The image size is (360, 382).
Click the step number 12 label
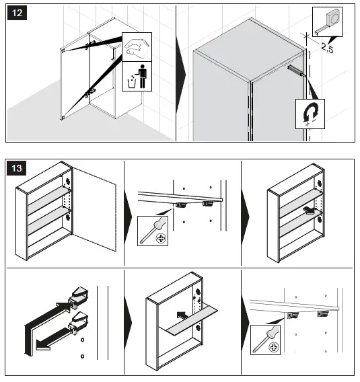tap(17, 13)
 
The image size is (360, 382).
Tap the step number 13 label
tap(16, 168)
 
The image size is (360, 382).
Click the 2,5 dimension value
tap(327, 47)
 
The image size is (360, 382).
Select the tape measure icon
tap(327, 22)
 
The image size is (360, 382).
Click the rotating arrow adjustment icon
tap(310, 114)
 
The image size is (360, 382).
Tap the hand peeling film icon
tap(137, 47)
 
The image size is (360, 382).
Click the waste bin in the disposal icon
tap(132, 83)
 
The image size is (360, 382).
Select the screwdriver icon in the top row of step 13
tap(153, 231)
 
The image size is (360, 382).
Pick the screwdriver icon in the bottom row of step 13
tap(265, 340)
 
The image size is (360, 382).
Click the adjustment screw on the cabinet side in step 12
tap(296, 71)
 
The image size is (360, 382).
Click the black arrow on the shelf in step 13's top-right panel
tap(310, 211)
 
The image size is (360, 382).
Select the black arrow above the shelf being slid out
tap(183, 315)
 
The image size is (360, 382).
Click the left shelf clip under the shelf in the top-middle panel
tap(181, 204)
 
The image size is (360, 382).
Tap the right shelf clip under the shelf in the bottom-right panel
tap(322, 314)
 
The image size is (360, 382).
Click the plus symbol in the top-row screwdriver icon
tap(161, 238)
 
